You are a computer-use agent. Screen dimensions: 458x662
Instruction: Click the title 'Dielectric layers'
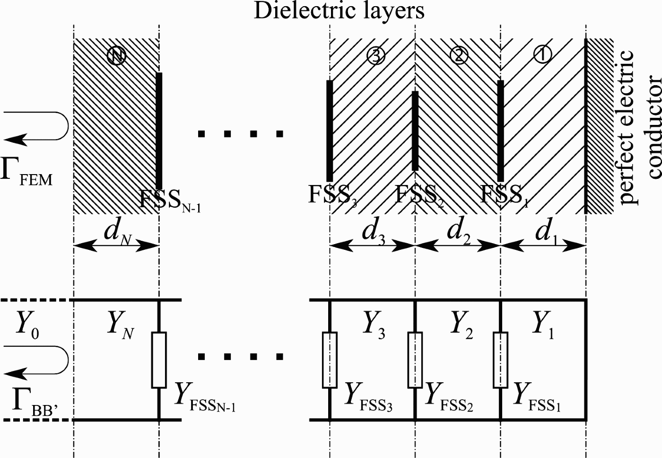pyautogui.click(x=339, y=10)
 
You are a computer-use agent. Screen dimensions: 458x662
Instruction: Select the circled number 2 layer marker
pyautogui.click(x=458, y=56)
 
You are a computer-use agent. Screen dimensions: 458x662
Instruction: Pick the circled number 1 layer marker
pyautogui.click(x=542, y=55)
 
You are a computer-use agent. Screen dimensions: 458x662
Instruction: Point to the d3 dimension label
pyautogui.click(x=374, y=232)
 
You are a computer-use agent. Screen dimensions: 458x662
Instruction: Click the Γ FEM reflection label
pyautogui.click(x=26, y=171)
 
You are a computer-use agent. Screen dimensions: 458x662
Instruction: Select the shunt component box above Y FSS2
pyautogui.click(x=415, y=360)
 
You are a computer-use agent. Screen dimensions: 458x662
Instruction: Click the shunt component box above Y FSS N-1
pyautogui.click(x=159, y=360)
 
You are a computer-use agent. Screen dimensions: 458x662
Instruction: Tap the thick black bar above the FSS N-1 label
pyautogui.click(x=159, y=130)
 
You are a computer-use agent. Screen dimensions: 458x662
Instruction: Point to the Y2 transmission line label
pyautogui.click(x=462, y=326)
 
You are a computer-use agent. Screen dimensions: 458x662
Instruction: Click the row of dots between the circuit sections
pyautogui.click(x=241, y=356)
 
